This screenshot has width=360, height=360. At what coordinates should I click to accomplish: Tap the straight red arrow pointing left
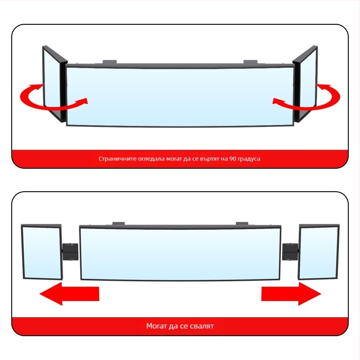(69, 294)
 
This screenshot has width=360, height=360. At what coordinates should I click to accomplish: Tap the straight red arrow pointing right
(291, 294)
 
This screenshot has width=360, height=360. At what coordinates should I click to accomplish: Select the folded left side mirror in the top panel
(55, 84)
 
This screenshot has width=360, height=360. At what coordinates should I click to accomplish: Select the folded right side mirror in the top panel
(305, 84)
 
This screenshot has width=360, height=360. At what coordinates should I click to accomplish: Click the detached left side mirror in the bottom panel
(42, 252)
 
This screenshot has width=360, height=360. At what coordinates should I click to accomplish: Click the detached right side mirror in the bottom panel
(319, 252)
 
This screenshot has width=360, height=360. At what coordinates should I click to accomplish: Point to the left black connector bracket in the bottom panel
(70, 252)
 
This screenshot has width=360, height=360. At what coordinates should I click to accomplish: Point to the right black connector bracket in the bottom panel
(290, 252)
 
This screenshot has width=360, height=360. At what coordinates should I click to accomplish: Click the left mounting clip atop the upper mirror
(109, 62)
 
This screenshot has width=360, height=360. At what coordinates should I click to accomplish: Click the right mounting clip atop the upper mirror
(251, 62)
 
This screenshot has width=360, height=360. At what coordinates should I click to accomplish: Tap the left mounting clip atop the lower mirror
(118, 224)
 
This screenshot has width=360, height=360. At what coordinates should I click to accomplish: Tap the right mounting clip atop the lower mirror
(242, 224)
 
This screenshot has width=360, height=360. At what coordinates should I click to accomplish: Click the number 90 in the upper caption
(233, 159)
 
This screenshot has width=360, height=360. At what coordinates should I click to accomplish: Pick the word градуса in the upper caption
(249, 159)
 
